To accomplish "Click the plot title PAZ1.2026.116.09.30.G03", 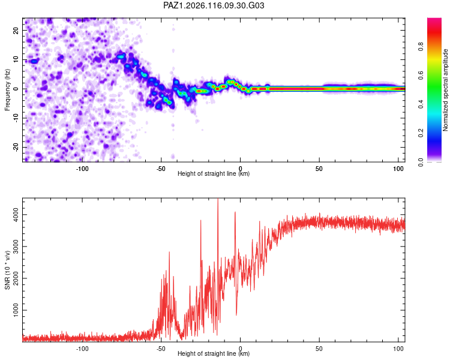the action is [214, 5].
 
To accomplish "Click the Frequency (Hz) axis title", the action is [7, 90].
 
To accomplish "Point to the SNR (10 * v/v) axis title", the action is [7, 270].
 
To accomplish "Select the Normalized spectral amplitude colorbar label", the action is [445, 90].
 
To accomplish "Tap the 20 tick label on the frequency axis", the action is [16, 30].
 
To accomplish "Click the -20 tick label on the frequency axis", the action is [16, 148].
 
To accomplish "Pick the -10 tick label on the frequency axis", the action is [16, 118].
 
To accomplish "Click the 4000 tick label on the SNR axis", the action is [16, 214].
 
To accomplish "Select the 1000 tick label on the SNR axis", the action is [16, 310].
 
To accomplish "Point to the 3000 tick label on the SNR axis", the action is [16, 247].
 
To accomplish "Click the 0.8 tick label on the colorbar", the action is [421, 47].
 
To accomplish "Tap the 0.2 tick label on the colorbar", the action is [421, 133].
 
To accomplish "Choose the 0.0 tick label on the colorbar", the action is [421, 162].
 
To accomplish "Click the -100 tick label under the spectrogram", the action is [82, 169].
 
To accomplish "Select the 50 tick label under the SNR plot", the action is [319, 349].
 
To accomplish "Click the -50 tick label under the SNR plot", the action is [161, 349].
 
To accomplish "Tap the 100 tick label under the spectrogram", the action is [398, 169].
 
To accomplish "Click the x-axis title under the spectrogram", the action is [214, 173].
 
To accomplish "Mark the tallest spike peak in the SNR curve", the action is [218, 199].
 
